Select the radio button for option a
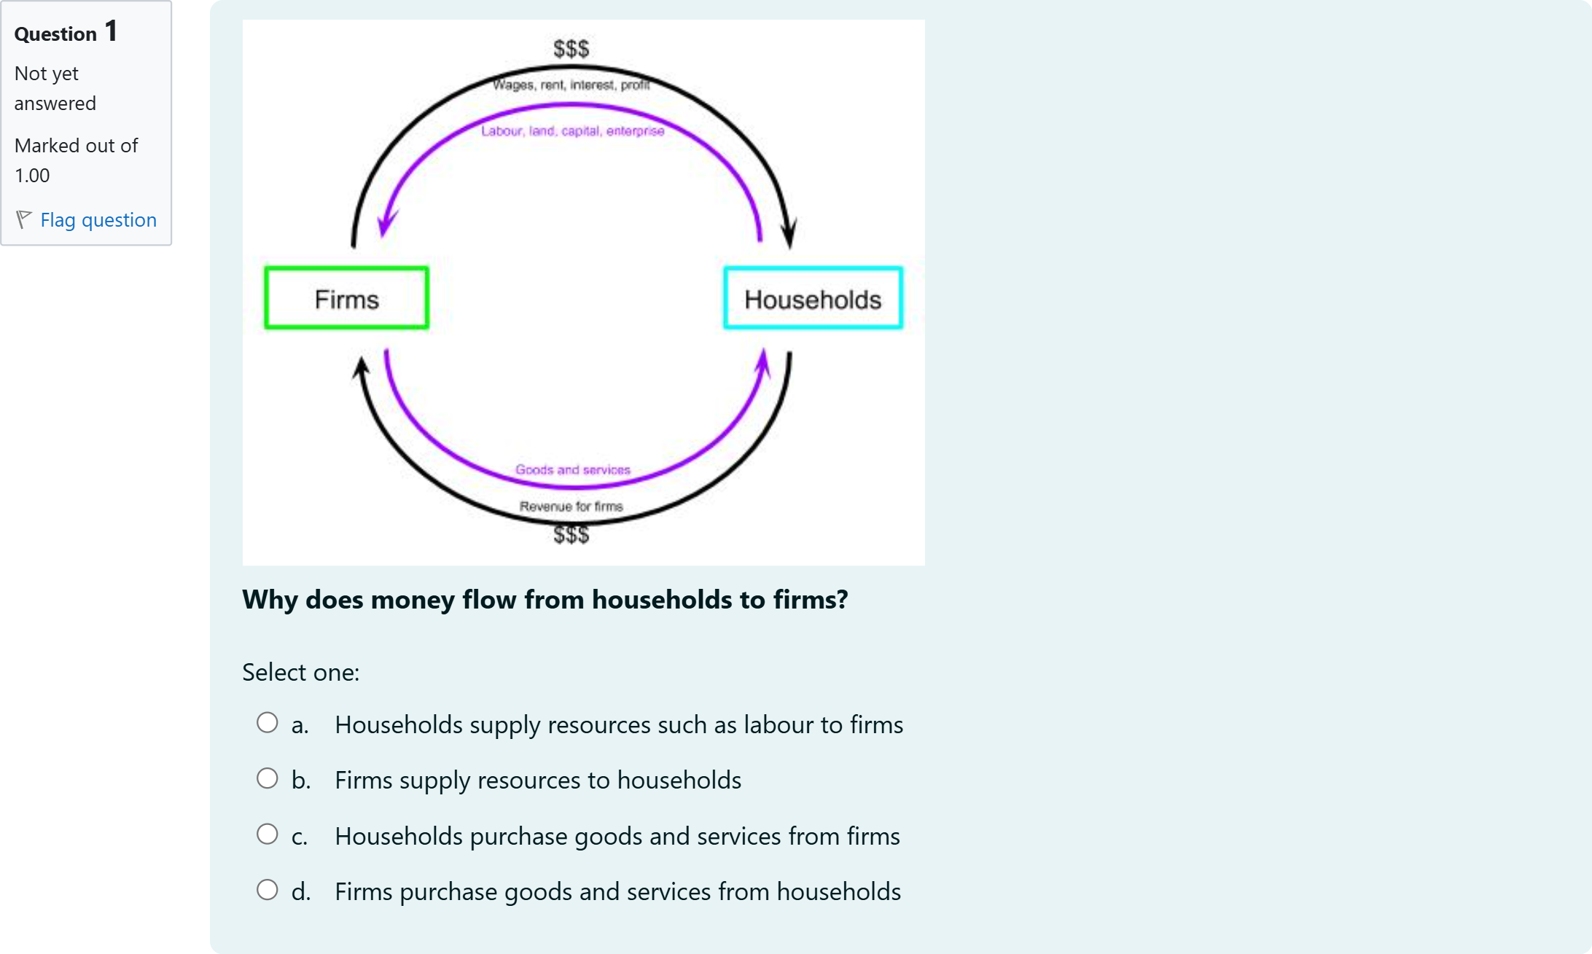point(268,723)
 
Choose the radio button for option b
point(268,778)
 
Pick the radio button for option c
point(268,834)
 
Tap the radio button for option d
point(268,890)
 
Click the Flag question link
point(98,220)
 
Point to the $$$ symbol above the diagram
point(571,49)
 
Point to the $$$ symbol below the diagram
point(571,535)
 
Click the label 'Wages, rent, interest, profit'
point(571,85)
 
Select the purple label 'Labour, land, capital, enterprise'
point(572,131)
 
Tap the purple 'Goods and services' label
point(572,470)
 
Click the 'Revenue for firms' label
point(571,507)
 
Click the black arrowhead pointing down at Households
point(789,233)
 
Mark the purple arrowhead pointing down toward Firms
point(387,222)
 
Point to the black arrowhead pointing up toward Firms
point(361,368)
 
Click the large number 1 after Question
point(111,31)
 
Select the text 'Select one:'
point(300,672)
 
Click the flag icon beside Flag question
point(23,219)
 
